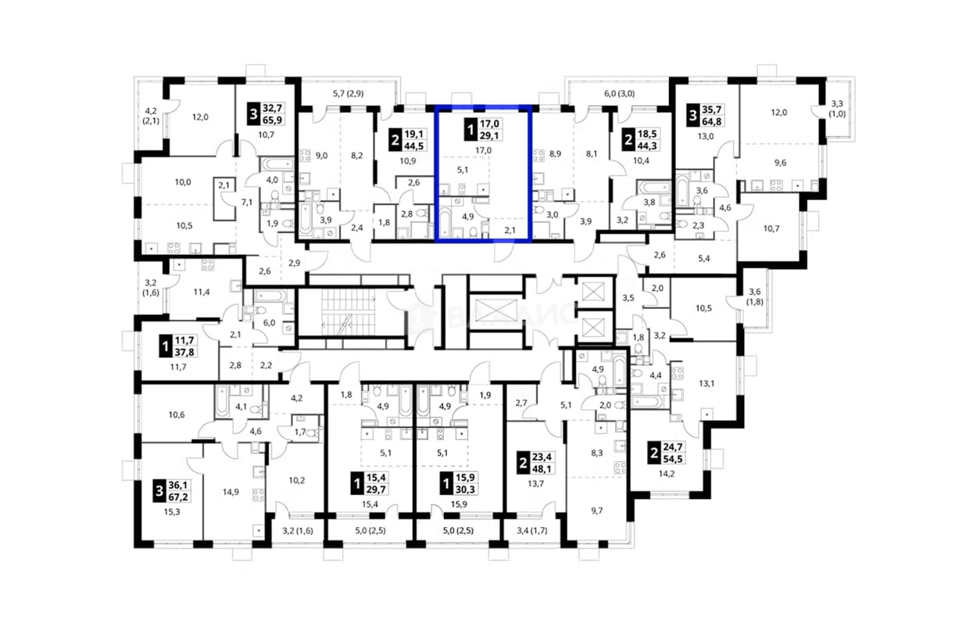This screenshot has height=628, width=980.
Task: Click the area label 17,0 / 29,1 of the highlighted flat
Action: [x=484, y=130]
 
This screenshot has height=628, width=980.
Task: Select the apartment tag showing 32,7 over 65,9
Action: [x=266, y=114]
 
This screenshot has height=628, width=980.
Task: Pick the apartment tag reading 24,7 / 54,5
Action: [x=666, y=453]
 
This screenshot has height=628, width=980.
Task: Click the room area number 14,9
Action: [x=231, y=492]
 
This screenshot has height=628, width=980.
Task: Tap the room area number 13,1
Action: [x=706, y=384]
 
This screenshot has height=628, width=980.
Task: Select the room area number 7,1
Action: [x=247, y=203]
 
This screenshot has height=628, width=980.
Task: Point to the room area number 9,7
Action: [x=597, y=511]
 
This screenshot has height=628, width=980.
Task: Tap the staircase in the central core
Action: [x=349, y=312]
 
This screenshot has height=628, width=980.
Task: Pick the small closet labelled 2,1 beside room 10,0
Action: [x=224, y=199]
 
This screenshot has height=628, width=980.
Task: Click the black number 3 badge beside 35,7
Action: [x=692, y=116]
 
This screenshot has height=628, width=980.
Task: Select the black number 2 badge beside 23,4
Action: [x=523, y=463]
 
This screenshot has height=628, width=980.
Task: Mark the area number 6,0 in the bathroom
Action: [x=269, y=323]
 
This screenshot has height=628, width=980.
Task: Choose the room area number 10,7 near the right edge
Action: [x=771, y=228]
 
